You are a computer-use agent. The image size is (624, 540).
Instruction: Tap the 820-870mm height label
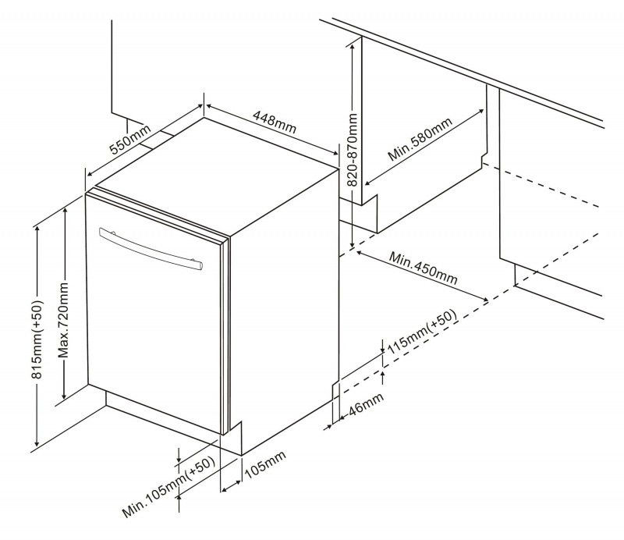coord(353,148)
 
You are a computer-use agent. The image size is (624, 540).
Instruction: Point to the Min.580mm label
coord(420,140)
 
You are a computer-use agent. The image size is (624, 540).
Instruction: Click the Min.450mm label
coord(424,268)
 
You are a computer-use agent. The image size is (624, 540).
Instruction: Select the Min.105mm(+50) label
coord(168,488)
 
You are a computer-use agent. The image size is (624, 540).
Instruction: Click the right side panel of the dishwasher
coord(285,312)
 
